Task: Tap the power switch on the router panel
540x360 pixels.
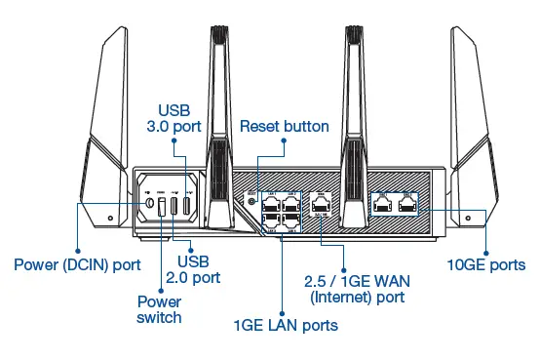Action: point(161,207)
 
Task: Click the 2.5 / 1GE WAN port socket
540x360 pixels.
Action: point(322,205)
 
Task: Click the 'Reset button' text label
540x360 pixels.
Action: point(284,127)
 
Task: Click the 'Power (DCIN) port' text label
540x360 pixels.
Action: point(75,263)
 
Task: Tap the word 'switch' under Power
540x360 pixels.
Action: point(158,317)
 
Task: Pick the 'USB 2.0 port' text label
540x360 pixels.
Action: point(206,269)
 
